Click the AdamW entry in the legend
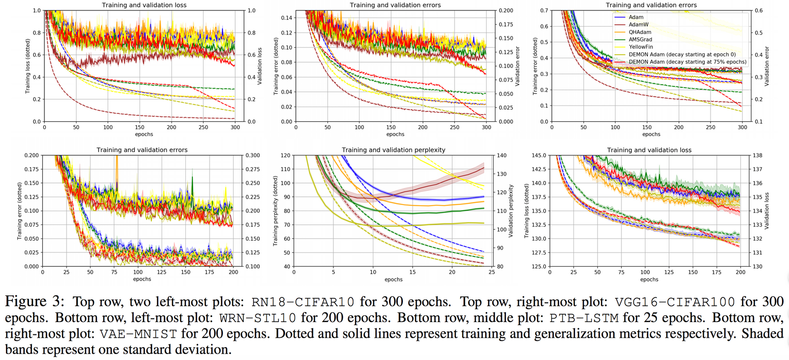(639, 25)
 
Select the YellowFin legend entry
(641, 47)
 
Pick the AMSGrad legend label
(640, 39)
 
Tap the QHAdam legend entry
(640, 32)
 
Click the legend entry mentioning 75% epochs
(687, 62)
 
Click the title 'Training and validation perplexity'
(394, 150)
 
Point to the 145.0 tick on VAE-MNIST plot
(538, 155)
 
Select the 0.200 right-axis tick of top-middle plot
(506, 10)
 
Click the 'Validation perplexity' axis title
(511, 211)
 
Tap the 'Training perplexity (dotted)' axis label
(275, 211)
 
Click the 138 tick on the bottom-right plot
(757, 155)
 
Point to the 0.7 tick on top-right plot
(544, 10)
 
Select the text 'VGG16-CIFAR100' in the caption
(675, 302)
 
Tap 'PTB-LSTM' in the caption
(584, 318)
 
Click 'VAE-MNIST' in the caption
(138, 334)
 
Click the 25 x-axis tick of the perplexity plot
(492, 272)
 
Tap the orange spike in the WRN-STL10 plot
(117, 170)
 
